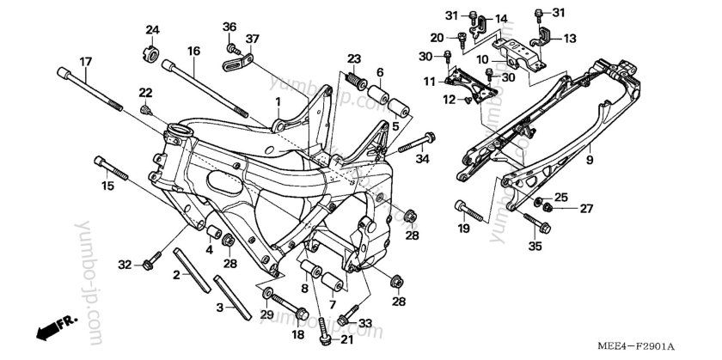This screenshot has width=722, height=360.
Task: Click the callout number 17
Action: point(85,61)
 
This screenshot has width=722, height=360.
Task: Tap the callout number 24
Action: point(152,31)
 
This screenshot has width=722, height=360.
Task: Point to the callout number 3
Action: point(219,307)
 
